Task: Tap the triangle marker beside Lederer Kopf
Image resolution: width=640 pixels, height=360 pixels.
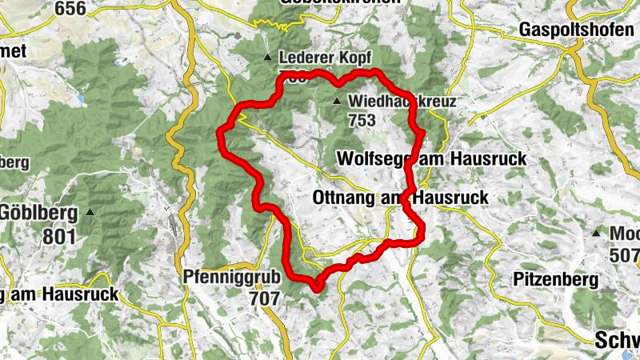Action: [x=267, y=58]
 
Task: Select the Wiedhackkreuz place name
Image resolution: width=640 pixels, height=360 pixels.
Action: [x=402, y=102]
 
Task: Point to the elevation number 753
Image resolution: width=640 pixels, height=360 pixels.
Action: [x=362, y=119]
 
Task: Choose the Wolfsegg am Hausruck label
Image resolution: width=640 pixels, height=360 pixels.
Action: [x=432, y=158]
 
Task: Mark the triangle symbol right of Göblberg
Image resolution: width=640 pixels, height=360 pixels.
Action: [x=90, y=213]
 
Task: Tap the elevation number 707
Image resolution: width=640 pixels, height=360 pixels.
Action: [x=264, y=299]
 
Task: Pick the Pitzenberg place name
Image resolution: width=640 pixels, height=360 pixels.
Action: [x=555, y=280]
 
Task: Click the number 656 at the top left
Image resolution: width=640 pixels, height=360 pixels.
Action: [x=70, y=7]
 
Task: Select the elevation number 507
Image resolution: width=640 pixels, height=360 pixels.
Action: [x=624, y=254]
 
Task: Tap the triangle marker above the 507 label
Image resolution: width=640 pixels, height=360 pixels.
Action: [x=595, y=233]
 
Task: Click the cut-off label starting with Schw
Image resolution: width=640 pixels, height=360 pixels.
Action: [x=618, y=341]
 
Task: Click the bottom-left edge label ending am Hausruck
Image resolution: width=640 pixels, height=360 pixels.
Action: [x=59, y=294]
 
